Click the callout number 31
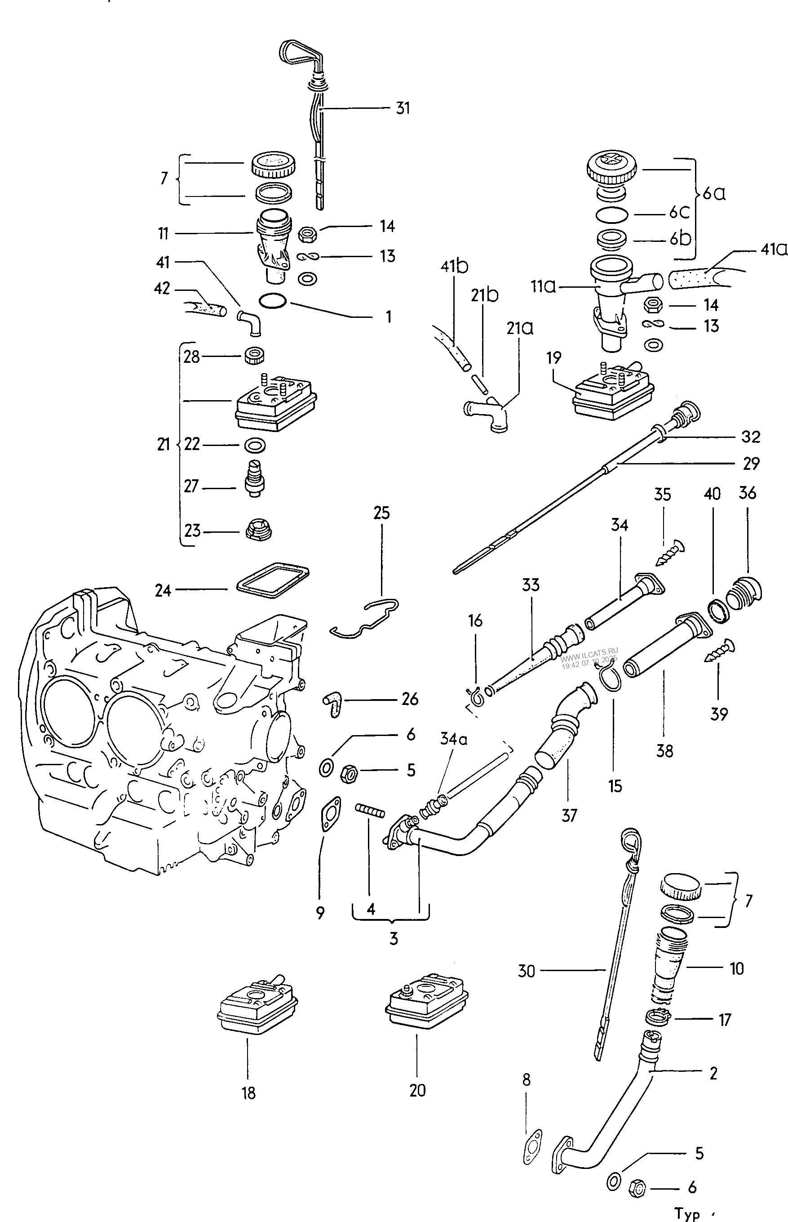pyautogui.click(x=403, y=108)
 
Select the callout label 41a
pyautogui.click(x=773, y=250)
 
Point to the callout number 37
pyautogui.click(x=570, y=815)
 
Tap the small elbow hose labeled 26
pyautogui.click(x=332, y=703)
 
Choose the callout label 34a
pyautogui.click(x=453, y=739)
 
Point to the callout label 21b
pyautogui.click(x=485, y=295)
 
